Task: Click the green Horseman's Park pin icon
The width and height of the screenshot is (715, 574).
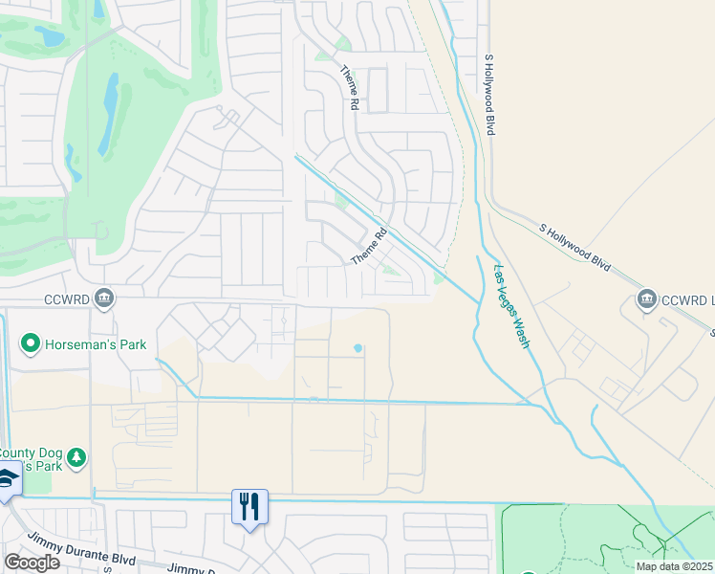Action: [31, 343]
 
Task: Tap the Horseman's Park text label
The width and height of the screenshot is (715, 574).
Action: [95, 343]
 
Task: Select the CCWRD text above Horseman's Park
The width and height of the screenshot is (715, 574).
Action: [65, 298]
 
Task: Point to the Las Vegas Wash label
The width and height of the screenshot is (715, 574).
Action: [510, 305]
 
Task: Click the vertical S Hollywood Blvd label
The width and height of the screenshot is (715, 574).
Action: [489, 94]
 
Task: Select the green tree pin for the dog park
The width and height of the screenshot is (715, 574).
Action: [77, 458]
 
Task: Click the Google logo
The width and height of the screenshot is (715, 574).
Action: [32, 562]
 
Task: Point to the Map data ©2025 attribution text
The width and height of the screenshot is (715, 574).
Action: [674, 566]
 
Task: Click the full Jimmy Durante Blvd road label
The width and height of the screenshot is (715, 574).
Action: [80, 550]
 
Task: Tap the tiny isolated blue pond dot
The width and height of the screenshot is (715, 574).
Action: [358, 348]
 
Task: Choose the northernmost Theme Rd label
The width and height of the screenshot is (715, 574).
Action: [348, 87]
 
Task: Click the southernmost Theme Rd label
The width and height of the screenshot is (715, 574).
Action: [370, 247]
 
